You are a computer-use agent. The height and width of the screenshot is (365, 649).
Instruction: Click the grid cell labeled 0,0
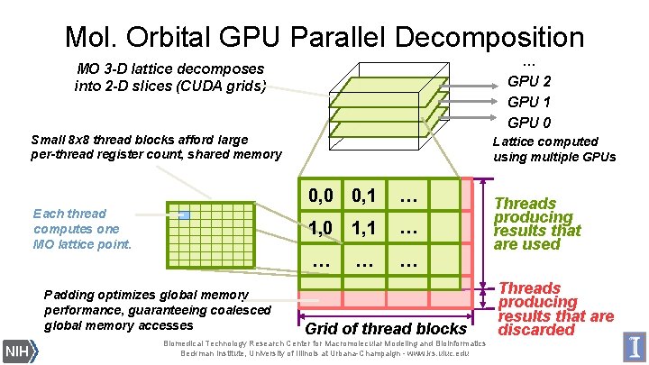pos(321,196)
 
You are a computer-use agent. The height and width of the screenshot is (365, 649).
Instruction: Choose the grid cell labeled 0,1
pos(364,196)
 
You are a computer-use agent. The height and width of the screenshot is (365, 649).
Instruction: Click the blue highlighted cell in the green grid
pos(184,215)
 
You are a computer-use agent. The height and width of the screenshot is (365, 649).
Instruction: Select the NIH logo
pos(16,350)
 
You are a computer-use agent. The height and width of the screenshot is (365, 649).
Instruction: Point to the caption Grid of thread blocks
pos(386,329)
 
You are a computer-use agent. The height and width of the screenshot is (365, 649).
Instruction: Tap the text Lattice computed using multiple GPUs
pos(553,149)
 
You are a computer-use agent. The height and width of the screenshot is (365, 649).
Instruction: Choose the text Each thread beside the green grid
pos(69,214)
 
